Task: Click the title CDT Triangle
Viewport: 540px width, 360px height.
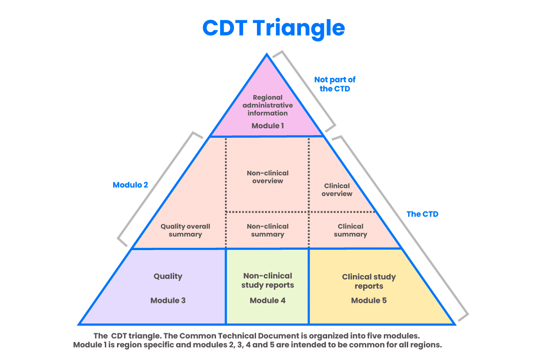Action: [x=273, y=28]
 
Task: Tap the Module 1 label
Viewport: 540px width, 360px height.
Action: [x=267, y=126]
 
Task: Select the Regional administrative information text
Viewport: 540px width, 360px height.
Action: [x=267, y=105]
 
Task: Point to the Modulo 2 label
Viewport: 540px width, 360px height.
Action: [x=130, y=185]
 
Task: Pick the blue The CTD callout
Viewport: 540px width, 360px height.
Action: [x=422, y=214]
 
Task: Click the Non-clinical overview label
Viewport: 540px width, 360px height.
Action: [x=268, y=177]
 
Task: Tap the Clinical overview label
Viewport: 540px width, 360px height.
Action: [x=337, y=189]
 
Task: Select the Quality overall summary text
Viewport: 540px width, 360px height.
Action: [x=185, y=230]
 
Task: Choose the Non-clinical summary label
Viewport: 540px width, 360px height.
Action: [x=268, y=230]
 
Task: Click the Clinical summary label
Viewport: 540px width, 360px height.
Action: [x=350, y=230]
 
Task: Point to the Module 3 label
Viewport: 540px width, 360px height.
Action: [x=168, y=300]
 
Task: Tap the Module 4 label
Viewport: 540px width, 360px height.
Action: [x=267, y=300]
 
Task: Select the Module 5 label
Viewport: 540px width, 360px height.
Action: [x=369, y=300]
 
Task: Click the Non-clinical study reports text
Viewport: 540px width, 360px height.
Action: [x=267, y=280]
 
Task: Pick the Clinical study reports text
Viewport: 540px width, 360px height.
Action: [x=369, y=281]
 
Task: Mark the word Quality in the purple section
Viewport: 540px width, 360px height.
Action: [x=168, y=276]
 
